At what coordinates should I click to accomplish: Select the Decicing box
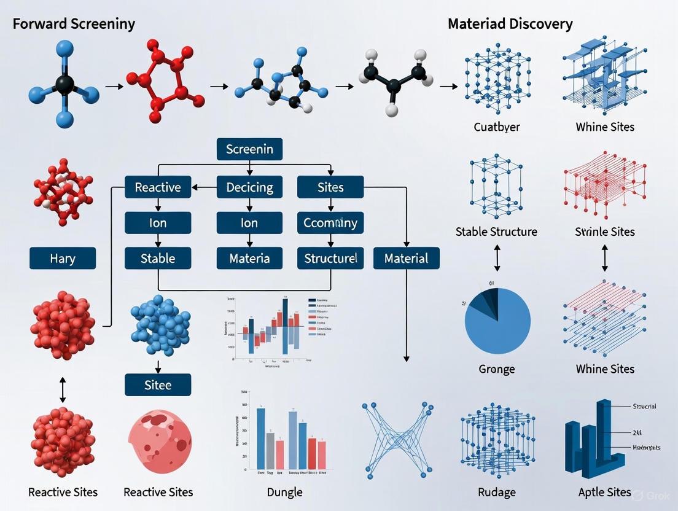pyautogui.click(x=249, y=187)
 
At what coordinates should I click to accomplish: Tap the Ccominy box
pyautogui.click(x=330, y=222)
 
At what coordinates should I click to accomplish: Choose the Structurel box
pyautogui.click(x=330, y=258)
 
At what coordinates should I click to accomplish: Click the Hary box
pyautogui.click(x=63, y=258)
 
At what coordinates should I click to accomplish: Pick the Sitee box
pyautogui.click(x=158, y=385)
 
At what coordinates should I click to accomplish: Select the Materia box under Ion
pyautogui.click(x=249, y=258)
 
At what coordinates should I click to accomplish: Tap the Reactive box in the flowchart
pyautogui.click(x=158, y=187)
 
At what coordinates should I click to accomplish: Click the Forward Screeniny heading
pyautogui.click(x=74, y=25)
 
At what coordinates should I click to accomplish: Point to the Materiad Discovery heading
pyautogui.click(x=510, y=25)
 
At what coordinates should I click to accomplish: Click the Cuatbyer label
pyautogui.click(x=497, y=127)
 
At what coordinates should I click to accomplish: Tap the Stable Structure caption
pyautogui.click(x=496, y=232)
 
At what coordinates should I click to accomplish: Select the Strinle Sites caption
pyautogui.click(x=605, y=232)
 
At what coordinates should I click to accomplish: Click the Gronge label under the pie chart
pyautogui.click(x=496, y=369)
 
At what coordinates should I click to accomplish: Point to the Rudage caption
pyautogui.click(x=496, y=492)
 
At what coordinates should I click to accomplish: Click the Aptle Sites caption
pyautogui.click(x=605, y=492)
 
